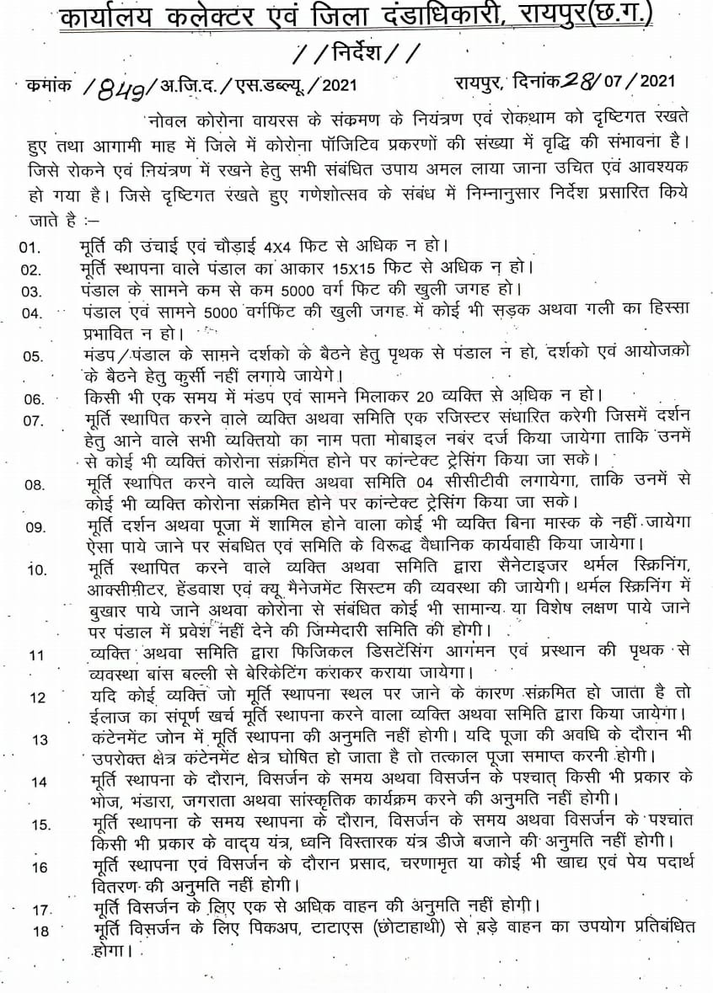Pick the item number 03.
pos(31,291)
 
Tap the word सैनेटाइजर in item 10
pos(481,569)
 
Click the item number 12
pos(37,697)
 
